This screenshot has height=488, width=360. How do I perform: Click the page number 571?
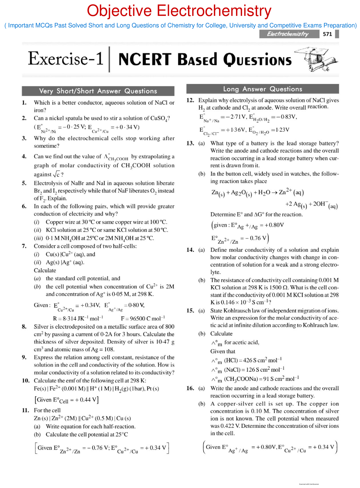tap(327, 34)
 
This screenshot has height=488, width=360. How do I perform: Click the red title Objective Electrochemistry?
tap(179, 11)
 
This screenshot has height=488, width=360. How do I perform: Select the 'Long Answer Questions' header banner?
tap(262, 89)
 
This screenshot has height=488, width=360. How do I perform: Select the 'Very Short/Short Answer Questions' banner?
tap(98, 91)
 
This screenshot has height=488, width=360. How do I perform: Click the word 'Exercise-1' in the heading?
tap(66, 58)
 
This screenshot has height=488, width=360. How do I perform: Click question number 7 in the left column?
tap(24, 246)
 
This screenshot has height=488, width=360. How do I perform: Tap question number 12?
tap(190, 100)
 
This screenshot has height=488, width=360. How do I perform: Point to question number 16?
tap(190, 388)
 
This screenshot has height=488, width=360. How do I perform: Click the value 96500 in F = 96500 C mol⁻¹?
tap(137, 318)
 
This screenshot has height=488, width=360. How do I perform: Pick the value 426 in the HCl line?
tap(247, 360)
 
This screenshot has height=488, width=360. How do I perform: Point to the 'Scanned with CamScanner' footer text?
tap(309, 484)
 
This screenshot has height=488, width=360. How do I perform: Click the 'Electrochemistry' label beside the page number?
tap(288, 34)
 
